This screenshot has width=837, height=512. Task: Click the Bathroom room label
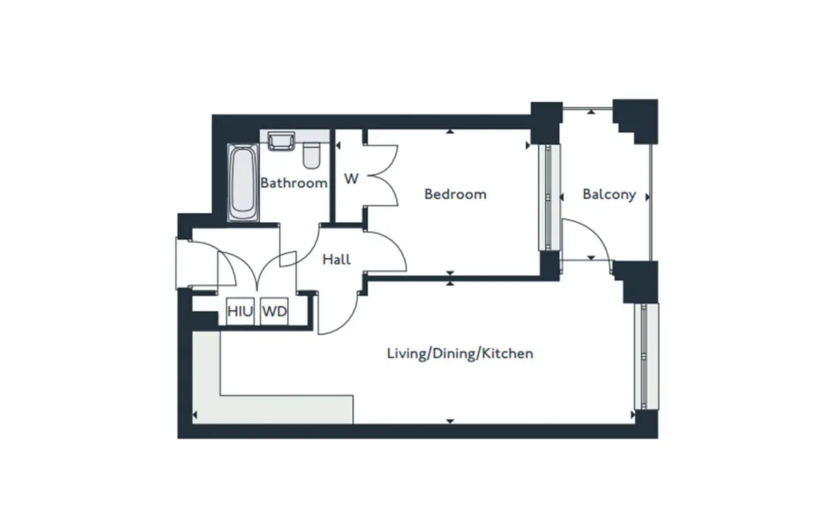click(294, 183)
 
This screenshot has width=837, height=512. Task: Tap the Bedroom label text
click(455, 194)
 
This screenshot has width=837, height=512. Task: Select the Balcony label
click(609, 195)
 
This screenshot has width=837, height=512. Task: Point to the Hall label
click(336, 259)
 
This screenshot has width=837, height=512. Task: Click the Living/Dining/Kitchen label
click(460, 353)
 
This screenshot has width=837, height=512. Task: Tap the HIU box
click(240, 311)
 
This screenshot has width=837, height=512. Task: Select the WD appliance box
click(274, 311)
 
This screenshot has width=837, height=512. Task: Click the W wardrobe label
click(352, 179)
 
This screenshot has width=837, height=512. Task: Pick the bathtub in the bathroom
click(243, 182)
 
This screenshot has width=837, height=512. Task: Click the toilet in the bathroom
click(311, 155)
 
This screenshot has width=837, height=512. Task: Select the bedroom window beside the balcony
click(550, 197)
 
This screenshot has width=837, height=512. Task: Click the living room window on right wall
click(647, 357)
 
